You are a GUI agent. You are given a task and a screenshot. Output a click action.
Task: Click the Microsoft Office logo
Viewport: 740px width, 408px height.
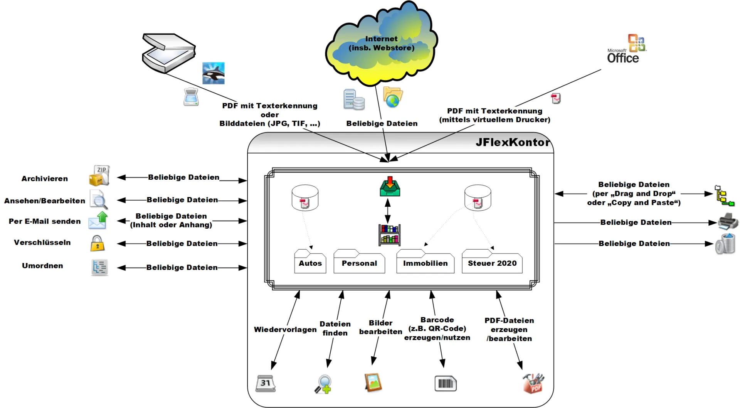(627, 49)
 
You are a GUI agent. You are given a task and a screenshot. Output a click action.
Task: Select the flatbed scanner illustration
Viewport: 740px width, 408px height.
(168, 53)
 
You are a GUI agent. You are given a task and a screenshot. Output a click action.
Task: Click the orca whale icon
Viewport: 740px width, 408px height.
(213, 73)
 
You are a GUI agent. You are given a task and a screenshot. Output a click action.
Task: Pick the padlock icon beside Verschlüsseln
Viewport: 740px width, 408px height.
(98, 243)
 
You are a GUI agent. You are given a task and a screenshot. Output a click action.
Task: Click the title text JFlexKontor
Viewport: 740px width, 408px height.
(512, 142)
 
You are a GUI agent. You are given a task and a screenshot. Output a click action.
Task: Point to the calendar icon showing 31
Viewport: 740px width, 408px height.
(266, 383)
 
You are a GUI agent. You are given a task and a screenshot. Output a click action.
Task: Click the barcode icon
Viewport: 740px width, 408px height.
(446, 384)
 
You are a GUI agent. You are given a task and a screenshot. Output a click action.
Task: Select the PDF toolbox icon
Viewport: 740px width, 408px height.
(533, 383)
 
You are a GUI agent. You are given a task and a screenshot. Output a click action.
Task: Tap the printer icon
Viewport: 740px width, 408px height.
(728, 221)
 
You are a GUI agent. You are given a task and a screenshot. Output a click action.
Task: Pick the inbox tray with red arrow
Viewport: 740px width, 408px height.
(390, 187)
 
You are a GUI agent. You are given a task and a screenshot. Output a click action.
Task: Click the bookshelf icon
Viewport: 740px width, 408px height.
(389, 234)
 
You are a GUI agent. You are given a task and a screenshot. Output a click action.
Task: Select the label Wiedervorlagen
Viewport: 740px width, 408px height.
(285, 330)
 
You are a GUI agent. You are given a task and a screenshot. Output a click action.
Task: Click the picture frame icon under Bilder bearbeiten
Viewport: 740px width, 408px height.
(373, 383)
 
